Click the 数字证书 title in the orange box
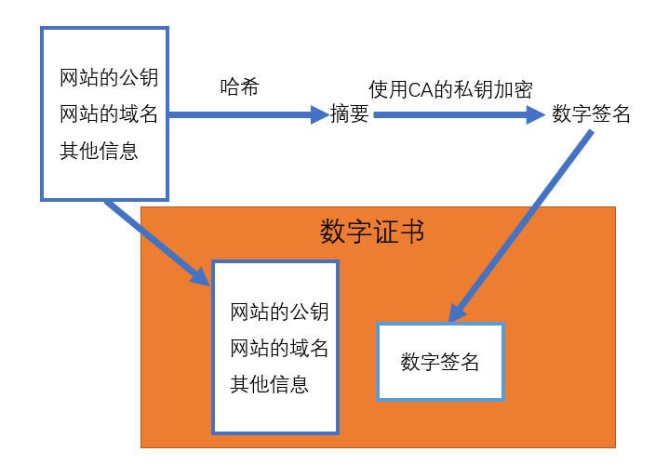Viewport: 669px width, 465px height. point(372,232)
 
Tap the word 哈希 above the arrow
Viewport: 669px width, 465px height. point(239,88)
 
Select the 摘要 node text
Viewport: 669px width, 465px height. point(350,115)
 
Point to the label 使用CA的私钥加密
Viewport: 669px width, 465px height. point(450,89)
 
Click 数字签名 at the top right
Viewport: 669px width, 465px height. point(591,114)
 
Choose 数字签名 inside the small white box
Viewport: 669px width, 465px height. point(440,363)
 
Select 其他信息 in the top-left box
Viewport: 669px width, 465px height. point(99,151)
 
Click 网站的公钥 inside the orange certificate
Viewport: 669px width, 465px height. point(279,312)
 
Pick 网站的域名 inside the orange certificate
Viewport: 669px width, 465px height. point(279,349)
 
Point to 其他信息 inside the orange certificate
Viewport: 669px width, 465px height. point(269,384)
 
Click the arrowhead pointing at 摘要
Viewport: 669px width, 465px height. point(319,115)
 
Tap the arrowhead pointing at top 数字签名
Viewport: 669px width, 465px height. point(534,115)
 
